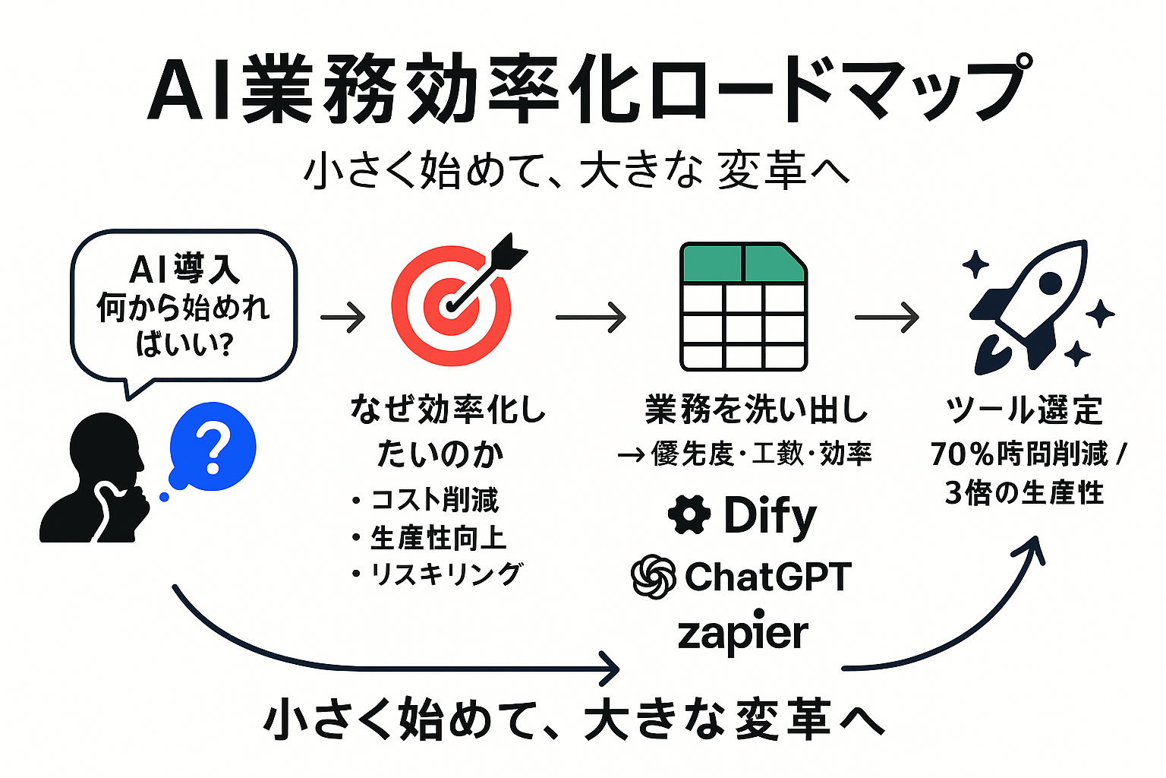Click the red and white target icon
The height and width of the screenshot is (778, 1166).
451,307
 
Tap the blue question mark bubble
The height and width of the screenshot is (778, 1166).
213,447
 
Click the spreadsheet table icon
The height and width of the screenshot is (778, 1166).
743,307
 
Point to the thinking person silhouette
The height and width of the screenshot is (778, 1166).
95,479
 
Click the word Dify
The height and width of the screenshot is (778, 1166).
770,516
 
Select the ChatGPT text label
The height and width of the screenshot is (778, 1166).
767,577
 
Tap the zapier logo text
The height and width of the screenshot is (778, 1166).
742,634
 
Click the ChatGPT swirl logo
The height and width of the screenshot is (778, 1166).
654,577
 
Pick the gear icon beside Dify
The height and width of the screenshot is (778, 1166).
689,514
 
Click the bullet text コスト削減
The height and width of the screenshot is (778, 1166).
434,500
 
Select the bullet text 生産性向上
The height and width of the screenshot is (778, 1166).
438,538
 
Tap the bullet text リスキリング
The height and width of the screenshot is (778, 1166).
446,574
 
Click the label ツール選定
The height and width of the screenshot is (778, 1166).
1024,410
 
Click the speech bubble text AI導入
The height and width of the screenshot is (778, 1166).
184,270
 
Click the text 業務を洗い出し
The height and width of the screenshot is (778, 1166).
756,410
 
